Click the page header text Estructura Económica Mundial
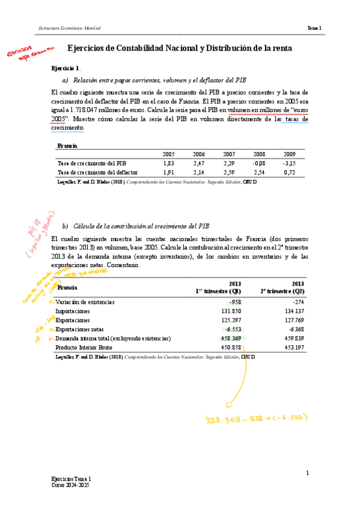click(69, 28)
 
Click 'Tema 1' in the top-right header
click(314, 28)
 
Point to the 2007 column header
click(228, 154)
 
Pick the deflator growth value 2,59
click(228, 173)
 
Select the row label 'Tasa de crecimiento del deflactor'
click(97, 173)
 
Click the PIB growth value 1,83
click(168, 163)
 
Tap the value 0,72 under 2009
click(289, 173)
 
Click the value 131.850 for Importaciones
click(231, 311)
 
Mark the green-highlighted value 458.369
click(231, 339)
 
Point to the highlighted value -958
click(235, 302)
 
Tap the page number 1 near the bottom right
click(307, 473)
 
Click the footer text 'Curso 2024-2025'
click(71, 484)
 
